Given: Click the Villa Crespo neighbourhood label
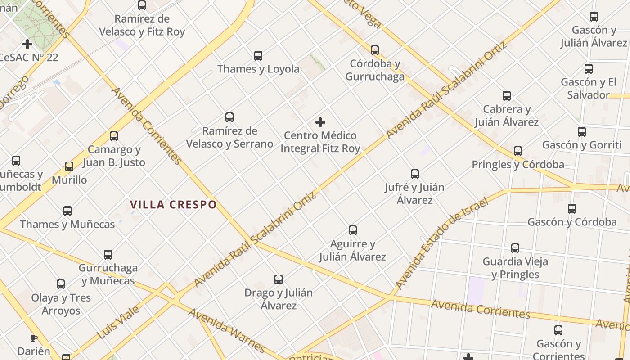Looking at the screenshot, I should click(173, 205).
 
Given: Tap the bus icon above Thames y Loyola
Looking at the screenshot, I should click(258, 56).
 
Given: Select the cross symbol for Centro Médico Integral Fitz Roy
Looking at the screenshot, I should click(320, 122).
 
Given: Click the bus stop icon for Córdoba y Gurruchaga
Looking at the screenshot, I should click(375, 50).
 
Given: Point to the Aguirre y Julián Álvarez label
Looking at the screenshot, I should click(352, 250).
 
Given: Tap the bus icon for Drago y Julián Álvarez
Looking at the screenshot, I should click(279, 279).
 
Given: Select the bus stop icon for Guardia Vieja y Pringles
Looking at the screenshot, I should click(515, 248).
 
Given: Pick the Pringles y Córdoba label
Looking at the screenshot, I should click(518, 165).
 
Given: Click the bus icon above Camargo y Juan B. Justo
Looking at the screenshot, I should click(114, 136).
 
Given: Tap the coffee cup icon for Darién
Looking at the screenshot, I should click(33, 338).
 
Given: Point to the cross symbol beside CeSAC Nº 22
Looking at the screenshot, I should click(27, 44).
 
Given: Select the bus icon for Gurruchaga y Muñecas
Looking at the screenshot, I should click(108, 255).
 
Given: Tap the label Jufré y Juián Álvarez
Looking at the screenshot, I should click(414, 193).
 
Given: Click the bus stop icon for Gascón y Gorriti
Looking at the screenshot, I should click(582, 132).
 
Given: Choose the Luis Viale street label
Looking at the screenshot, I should click(118, 323).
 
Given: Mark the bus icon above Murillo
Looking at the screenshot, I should click(69, 166).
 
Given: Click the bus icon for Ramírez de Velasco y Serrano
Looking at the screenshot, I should click(229, 118).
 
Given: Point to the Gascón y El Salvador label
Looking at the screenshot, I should click(588, 89).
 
